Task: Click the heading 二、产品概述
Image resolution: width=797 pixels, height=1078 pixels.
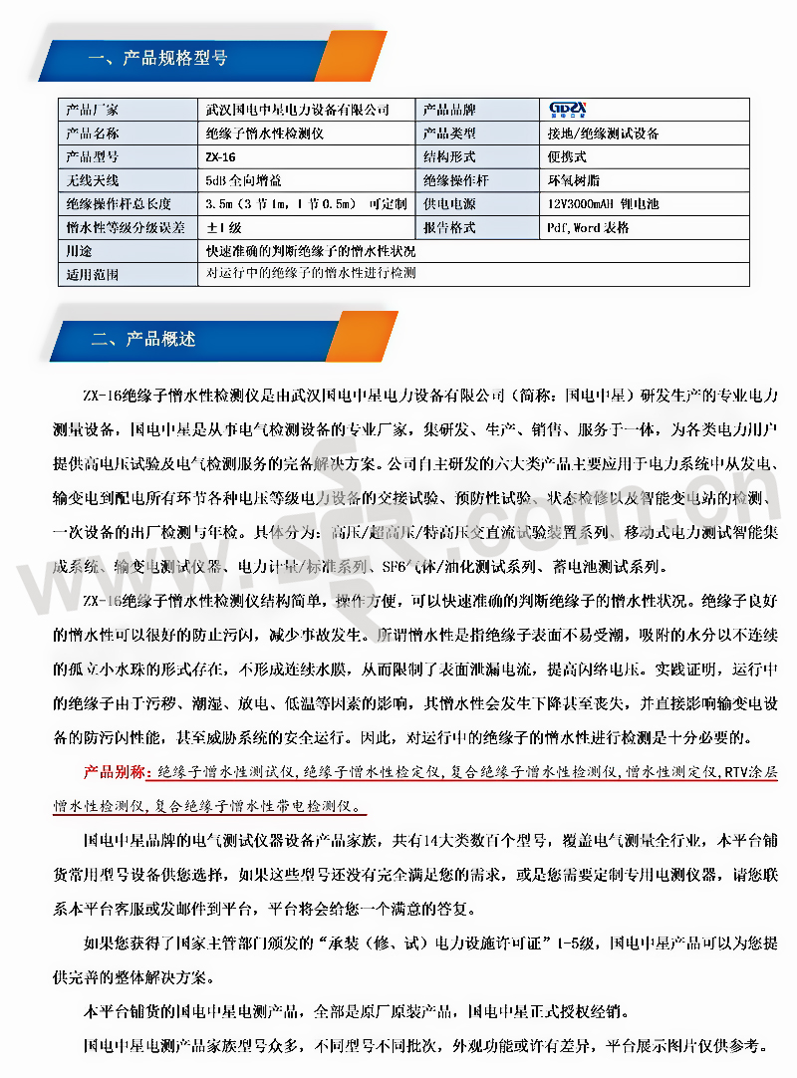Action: click(143, 338)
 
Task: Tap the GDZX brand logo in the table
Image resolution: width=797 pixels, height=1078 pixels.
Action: click(569, 109)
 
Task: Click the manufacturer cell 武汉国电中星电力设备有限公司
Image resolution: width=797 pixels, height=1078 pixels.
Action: click(296, 110)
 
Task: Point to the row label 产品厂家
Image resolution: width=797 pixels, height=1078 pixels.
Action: click(92, 110)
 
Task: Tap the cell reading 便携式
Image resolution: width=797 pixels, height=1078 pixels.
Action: click(565, 156)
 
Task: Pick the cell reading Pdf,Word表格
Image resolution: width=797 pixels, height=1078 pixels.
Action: click(588, 228)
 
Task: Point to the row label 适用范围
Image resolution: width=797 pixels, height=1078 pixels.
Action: click(92, 274)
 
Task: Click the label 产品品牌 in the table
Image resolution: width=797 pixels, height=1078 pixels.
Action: click(449, 110)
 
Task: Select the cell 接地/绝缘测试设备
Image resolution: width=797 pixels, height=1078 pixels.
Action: click(602, 133)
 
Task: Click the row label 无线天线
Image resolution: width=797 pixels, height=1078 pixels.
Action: click(92, 180)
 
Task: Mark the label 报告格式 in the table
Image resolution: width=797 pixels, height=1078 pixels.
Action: click(449, 228)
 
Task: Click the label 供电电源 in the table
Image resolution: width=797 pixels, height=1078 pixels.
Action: click(449, 204)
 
